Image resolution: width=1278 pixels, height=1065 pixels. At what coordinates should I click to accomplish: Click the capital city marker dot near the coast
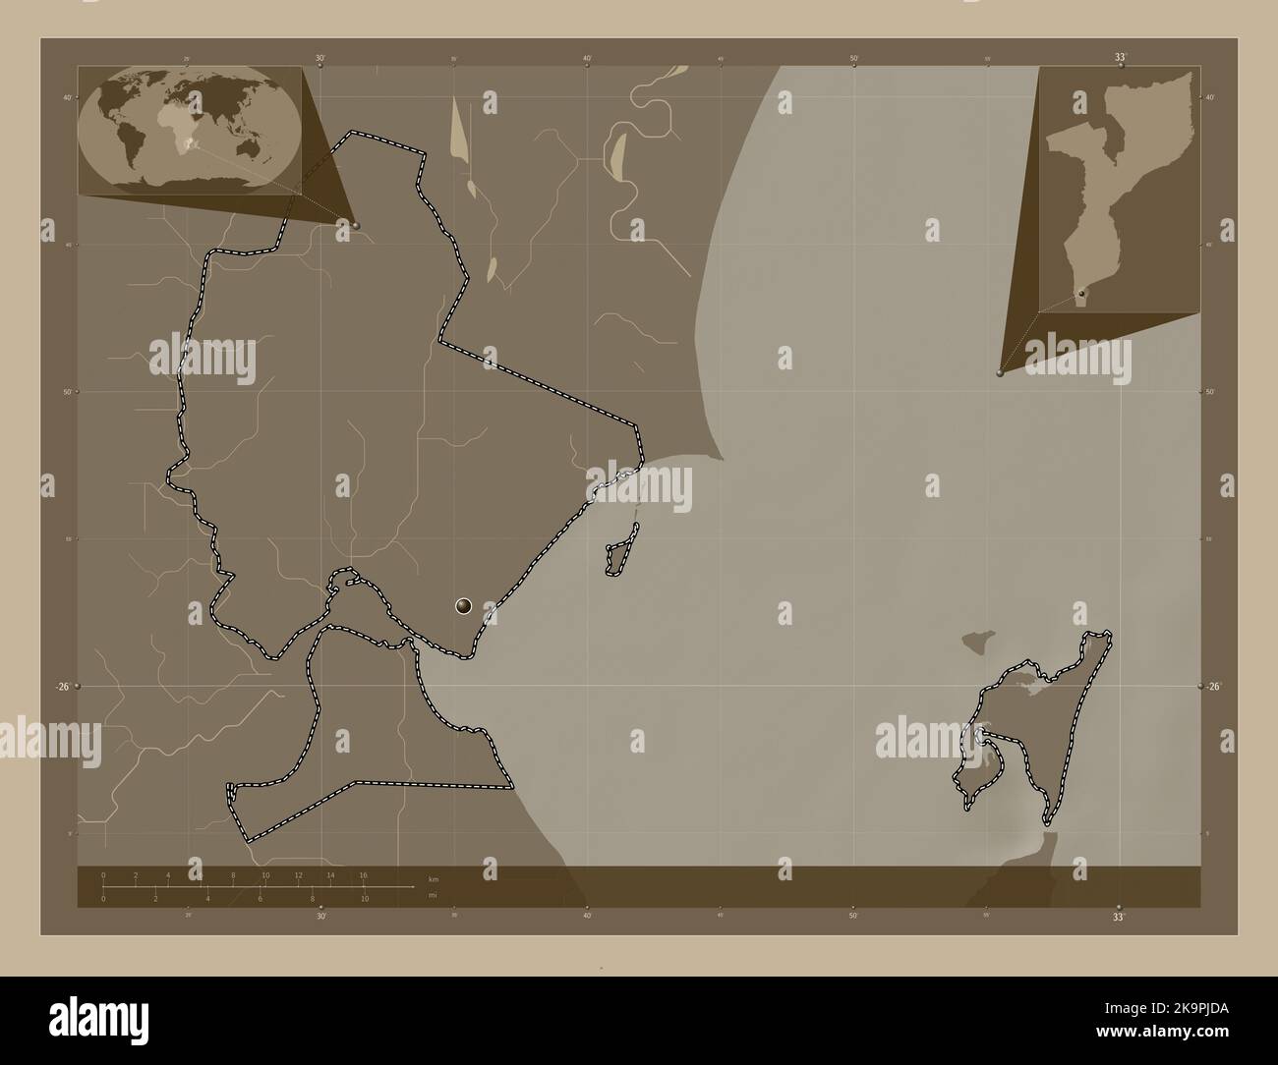click(464, 606)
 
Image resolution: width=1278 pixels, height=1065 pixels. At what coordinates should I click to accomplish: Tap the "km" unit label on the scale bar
click(434, 876)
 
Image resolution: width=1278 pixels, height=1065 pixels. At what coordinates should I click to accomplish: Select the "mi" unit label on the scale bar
click(434, 895)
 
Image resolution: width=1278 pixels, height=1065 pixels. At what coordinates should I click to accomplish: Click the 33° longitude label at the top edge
click(1120, 58)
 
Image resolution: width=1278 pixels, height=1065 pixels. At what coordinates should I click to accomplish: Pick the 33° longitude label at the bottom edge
click(1119, 917)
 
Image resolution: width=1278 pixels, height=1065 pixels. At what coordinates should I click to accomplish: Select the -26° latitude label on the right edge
click(1215, 687)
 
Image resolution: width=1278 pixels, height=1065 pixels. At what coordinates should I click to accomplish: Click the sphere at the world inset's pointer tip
click(356, 225)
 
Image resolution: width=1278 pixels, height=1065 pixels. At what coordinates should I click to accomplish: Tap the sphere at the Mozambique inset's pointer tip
click(1000, 372)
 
